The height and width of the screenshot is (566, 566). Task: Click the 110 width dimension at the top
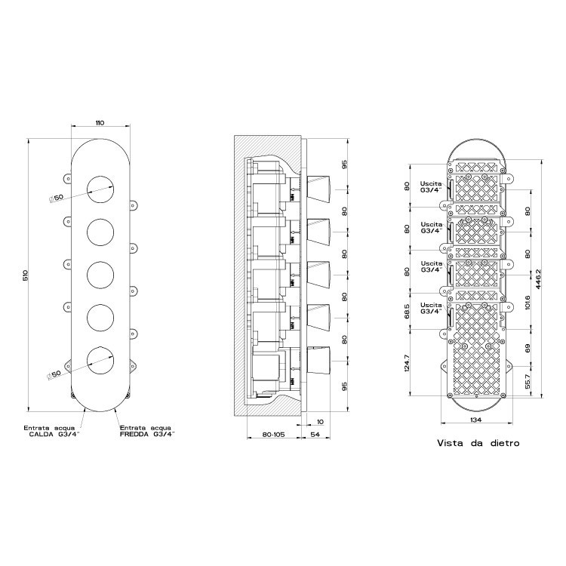coord(100,122)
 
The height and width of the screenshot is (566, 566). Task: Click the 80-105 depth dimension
coord(273,435)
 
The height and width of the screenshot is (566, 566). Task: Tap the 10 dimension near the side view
coord(321,421)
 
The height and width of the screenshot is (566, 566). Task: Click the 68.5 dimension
coord(407,311)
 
